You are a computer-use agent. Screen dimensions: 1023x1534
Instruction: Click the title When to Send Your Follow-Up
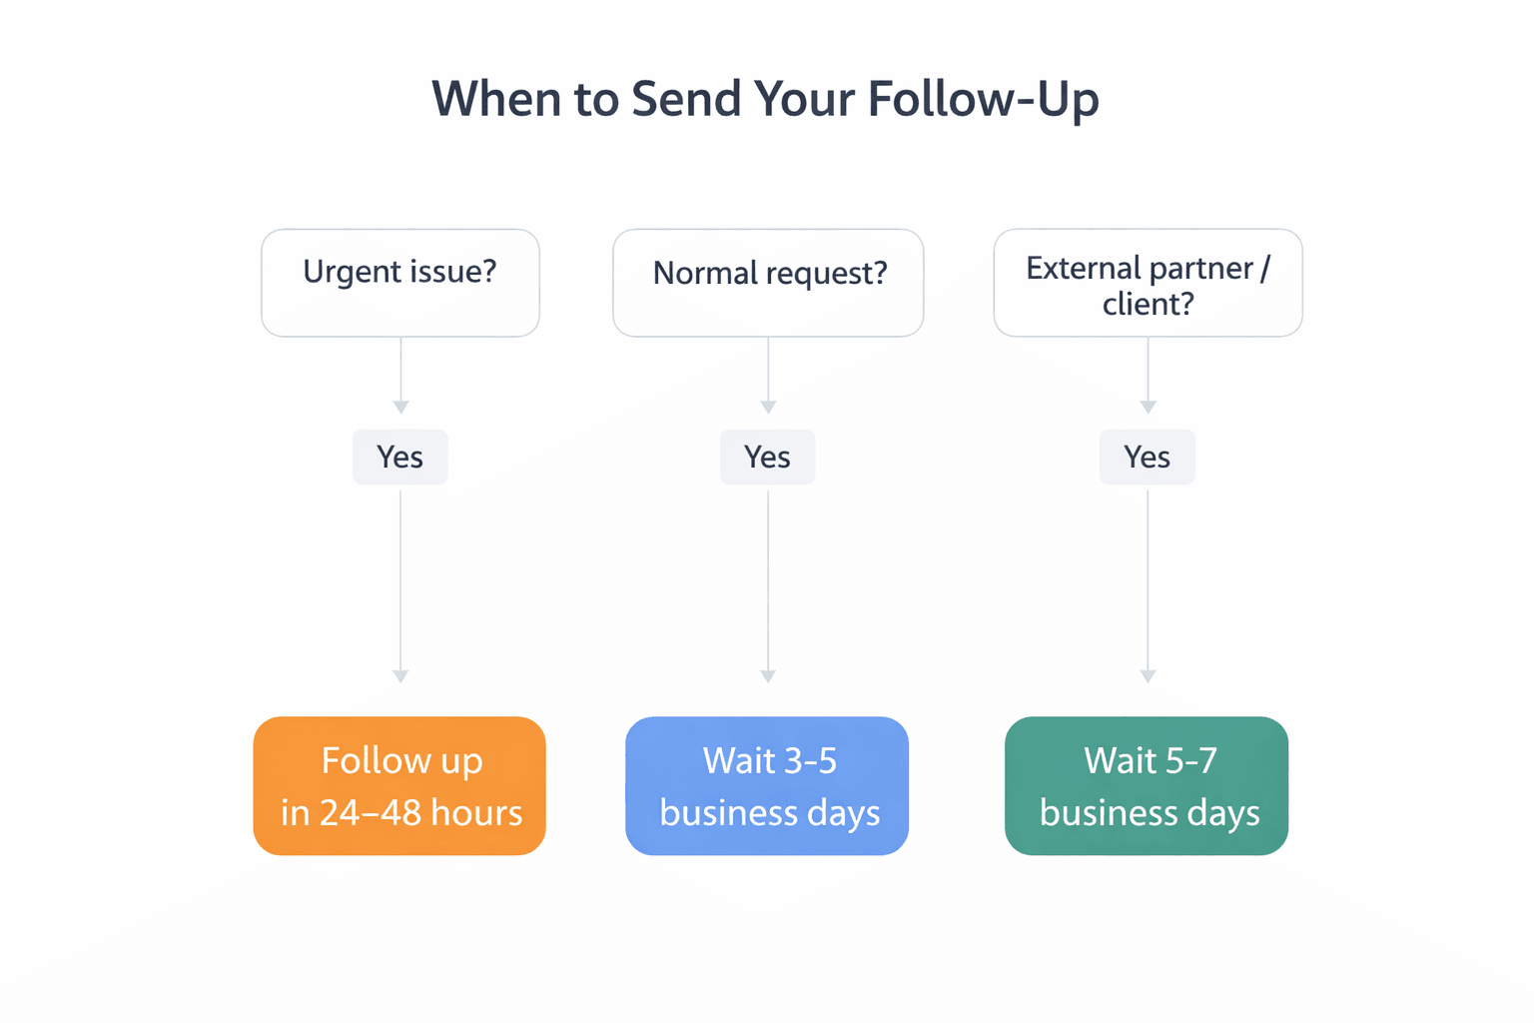(x=765, y=100)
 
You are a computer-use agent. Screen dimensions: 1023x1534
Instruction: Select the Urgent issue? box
(x=399, y=283)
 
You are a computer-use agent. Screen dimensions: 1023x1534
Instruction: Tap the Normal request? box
(x=768, y=283)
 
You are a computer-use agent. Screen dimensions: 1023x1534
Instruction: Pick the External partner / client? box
(x=1148, y=283)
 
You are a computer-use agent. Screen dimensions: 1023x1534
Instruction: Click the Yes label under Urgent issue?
(x=399, y=458)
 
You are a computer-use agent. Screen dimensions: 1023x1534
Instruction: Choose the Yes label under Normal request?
(x=767, y=458)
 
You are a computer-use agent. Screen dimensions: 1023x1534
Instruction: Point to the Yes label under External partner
(x=1147, y=458)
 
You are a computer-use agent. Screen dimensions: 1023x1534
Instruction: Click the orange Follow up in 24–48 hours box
(x=399, y=785)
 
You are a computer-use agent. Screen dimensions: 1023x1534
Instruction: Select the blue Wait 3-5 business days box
(x=767, y=785)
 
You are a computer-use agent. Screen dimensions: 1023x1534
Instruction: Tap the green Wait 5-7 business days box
(x=1147, y=785)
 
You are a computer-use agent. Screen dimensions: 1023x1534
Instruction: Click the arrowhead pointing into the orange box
(x=400, y=676)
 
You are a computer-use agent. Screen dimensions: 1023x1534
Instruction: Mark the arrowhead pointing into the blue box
(x=768, y=676)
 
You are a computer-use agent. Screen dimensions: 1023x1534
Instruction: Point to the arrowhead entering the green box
(x=1148, y=676)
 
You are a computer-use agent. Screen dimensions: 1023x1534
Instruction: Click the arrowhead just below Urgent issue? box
(x=400, y=407)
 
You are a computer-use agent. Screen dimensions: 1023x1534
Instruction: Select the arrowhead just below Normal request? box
(x=768, y=407)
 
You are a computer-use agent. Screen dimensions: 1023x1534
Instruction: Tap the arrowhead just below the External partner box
(x=1148, y=407)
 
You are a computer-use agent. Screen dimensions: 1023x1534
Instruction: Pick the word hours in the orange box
(x=476, y=813)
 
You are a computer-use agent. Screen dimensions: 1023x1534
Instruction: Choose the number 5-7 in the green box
(x=1189, y=761)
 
